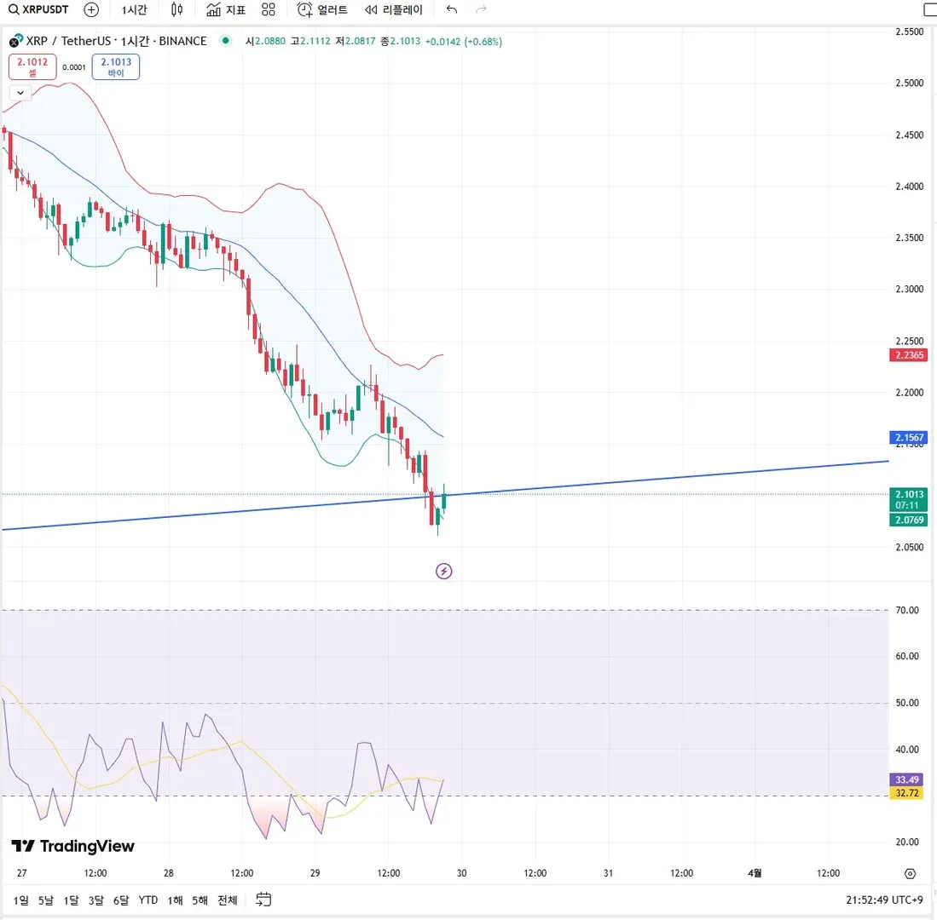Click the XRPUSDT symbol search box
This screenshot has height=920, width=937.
click(39, 10)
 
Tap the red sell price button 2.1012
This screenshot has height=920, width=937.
click(33, 66)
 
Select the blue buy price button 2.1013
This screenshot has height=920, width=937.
click(116, 66)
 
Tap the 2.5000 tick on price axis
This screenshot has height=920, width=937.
click(908, 83)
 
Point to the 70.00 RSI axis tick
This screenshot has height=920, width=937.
click(907, 610)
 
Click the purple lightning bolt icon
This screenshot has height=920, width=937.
click(443, 571)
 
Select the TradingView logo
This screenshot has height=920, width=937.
click(72, 846)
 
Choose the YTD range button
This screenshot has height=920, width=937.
click(148, 900)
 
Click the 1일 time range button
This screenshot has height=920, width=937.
click(21, 900)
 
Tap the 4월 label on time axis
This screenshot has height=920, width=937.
click(755, 873)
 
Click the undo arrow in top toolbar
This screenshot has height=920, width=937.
click(452, 10)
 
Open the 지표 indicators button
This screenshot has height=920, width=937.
click(227, 10)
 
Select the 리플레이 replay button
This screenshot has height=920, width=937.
click(393, 10)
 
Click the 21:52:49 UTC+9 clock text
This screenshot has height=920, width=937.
click(884, 900)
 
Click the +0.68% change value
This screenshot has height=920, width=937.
click(483, 41)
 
